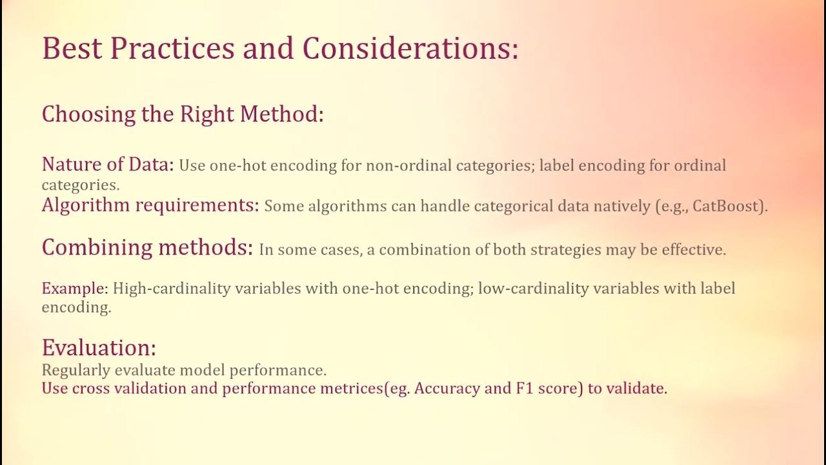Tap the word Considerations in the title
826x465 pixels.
[410, 49]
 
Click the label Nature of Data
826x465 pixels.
[108, 165]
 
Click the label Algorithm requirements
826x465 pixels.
[150, 205]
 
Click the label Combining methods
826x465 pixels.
[147, 247]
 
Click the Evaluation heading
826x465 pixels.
[99, 348]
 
